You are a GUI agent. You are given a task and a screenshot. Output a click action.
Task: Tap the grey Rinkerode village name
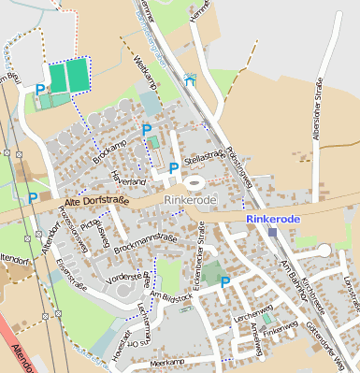(190, 200)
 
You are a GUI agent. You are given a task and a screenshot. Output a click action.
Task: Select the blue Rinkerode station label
(274, 218)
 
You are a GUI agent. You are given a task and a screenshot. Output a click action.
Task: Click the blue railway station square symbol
(272, 231)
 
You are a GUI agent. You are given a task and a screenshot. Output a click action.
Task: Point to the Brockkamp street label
(109, 153)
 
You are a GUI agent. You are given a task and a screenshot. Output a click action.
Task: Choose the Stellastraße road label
(205, 154)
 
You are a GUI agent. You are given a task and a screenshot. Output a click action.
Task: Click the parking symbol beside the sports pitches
(39, 90)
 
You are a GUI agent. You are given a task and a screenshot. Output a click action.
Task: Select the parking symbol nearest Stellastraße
(174, 167)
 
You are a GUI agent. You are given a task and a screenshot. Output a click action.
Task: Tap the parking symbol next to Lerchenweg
(225, 280)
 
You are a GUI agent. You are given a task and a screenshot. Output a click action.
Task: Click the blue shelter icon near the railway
(192, 79)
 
